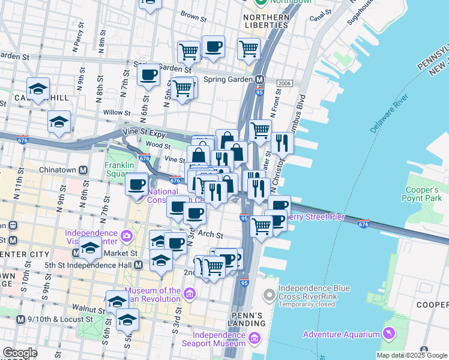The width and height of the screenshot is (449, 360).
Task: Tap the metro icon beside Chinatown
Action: [83, 170]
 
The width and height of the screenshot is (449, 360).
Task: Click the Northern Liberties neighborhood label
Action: [266, 21]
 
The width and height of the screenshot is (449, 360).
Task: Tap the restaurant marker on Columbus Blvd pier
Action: [281, 142]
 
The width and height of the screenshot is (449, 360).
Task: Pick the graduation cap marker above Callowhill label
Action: [38, 89]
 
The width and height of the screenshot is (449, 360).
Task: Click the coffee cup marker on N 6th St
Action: [148, 76]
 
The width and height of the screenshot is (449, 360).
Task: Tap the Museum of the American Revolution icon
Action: [190, 293]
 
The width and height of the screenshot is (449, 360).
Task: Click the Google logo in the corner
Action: [19, 353]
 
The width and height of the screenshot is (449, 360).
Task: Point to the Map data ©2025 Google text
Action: [411, 355]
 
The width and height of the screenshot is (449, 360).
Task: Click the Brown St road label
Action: [193, 14]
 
